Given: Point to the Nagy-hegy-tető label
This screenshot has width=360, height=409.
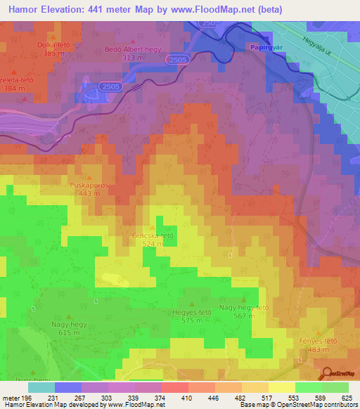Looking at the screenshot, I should pos(244,308).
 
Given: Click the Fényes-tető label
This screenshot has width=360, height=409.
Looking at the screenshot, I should pos(318,341).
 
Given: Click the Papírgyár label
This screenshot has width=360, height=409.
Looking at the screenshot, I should pos(266,47).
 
